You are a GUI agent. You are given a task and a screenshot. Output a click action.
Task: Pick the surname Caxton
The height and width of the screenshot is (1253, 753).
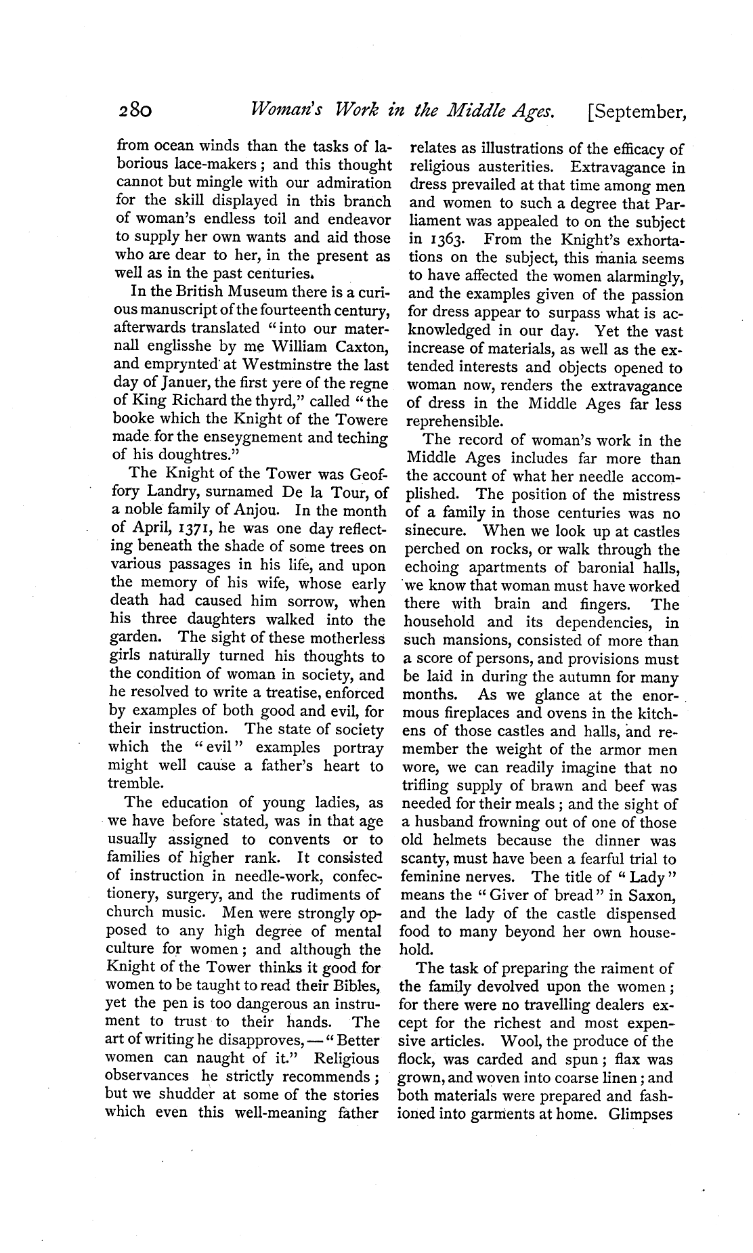pyautogui.click(x=357, y=348)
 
